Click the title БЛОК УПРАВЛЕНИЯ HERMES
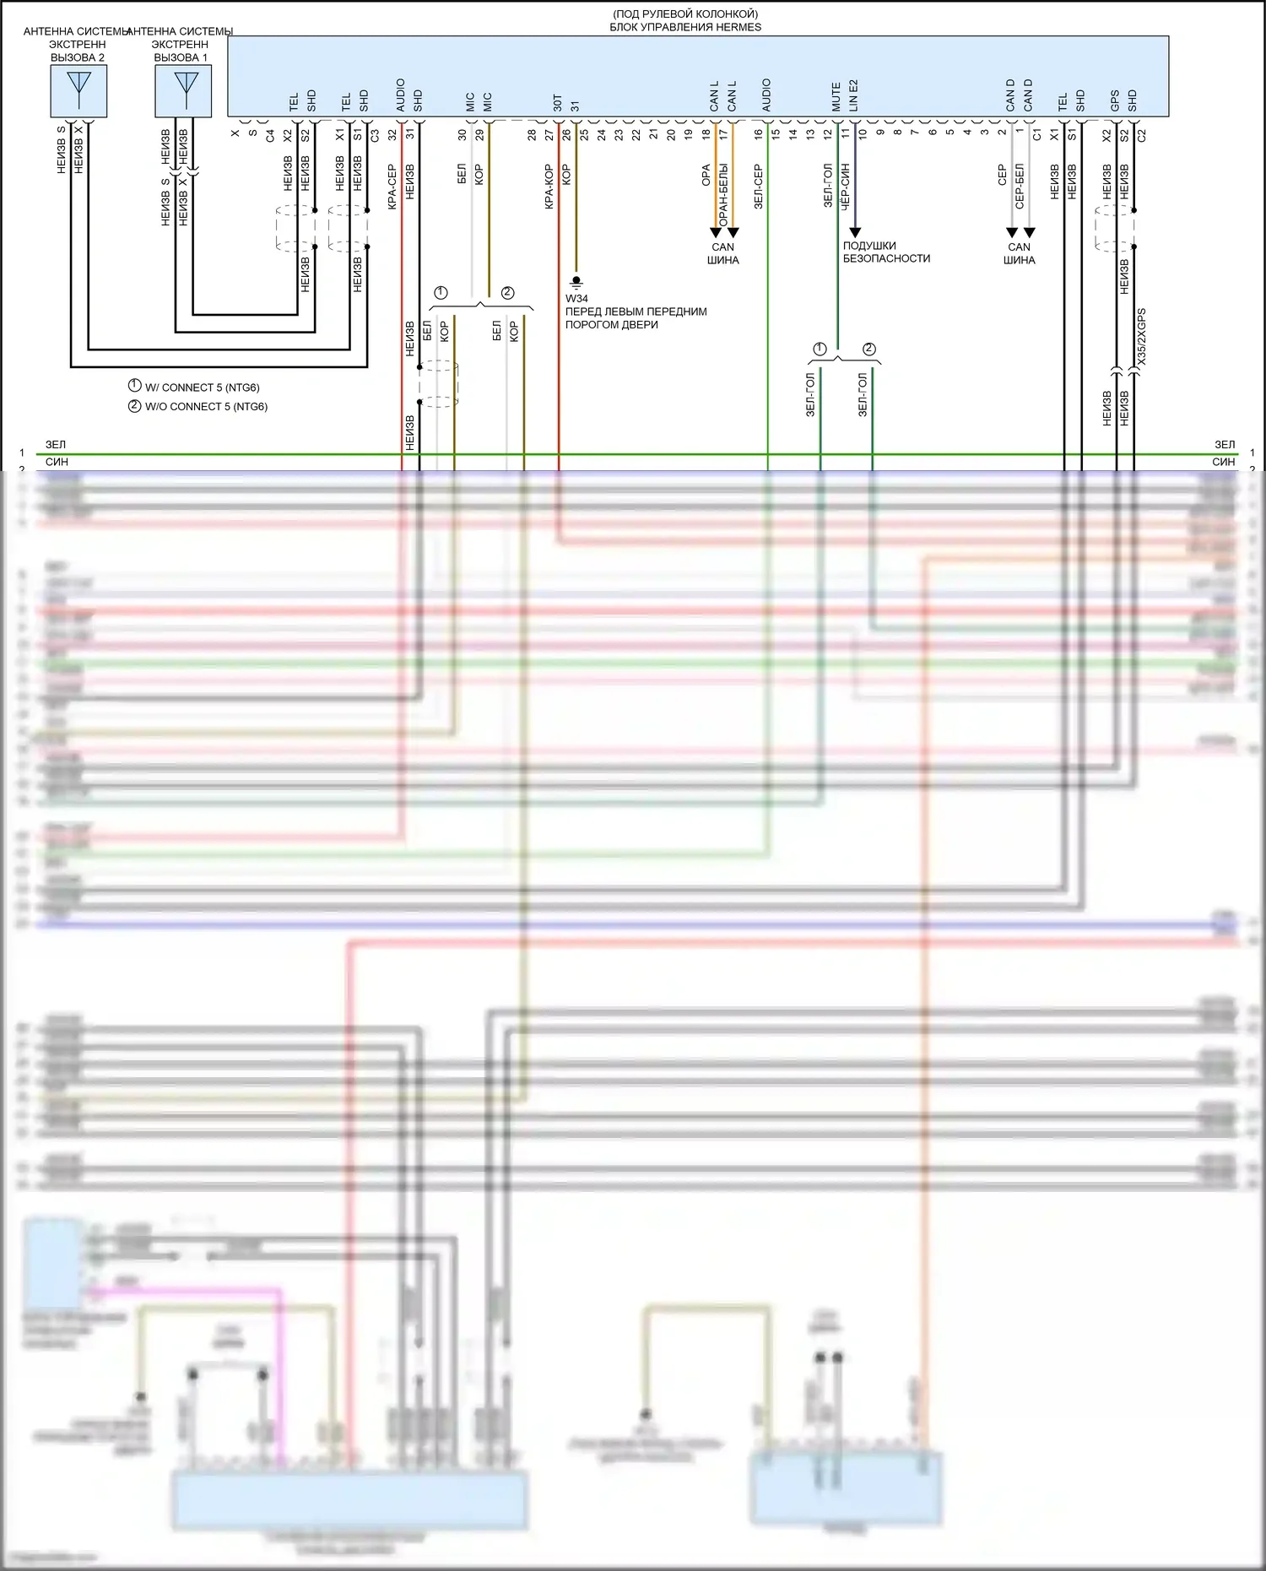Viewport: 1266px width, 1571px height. tap(685, 27)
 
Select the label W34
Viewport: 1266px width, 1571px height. tap(576, 298)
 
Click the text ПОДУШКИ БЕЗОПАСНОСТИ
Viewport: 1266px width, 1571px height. tap(885, 252)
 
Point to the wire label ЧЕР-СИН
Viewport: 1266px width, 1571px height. tap(845, 187)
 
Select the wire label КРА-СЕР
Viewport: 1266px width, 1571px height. tap(392, 187)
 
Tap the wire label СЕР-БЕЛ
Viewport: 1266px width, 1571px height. tap(1020, 187)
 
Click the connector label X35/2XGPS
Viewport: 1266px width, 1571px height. tap(1141, 336)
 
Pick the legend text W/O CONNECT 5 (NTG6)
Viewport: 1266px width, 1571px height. tap(206, 406)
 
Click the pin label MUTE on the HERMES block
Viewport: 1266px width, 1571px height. tap(836, 96)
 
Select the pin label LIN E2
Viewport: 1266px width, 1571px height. tap(853, 95)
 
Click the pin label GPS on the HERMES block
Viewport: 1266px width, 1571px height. tap(1115, 100)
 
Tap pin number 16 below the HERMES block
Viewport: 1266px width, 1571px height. tap(758, 133)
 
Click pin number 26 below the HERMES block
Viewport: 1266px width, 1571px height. tap(566, 133)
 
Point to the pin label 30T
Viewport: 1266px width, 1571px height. tap(557, 102)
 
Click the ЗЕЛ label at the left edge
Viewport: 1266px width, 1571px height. tap(56, 444)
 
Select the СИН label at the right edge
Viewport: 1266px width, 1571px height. tap(1223, 462)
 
